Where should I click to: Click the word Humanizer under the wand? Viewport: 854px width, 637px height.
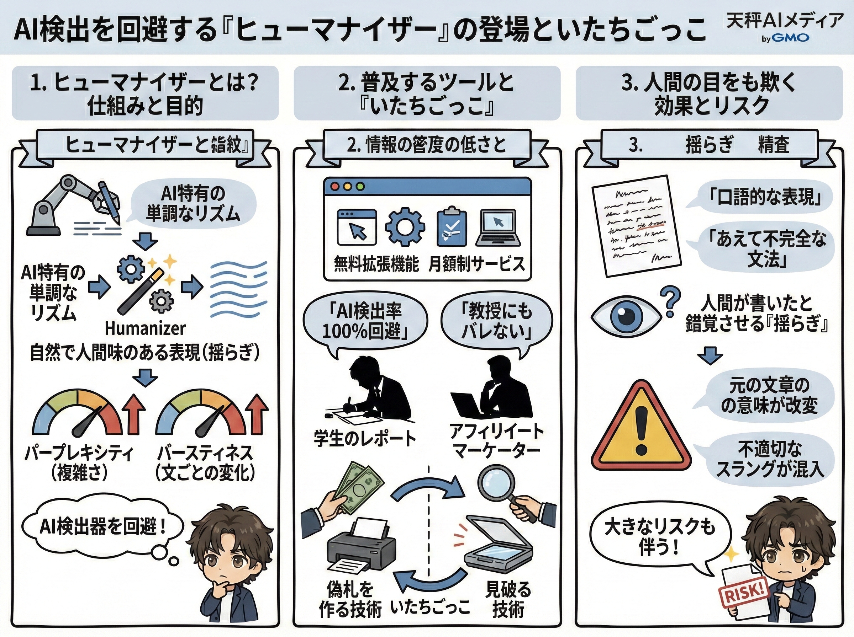tap(145, 328)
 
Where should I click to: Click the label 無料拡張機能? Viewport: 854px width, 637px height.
tap(376, 264)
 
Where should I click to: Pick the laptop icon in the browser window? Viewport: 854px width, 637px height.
tap(498, 228)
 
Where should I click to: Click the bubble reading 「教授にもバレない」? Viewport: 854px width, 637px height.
tap(496, 322)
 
